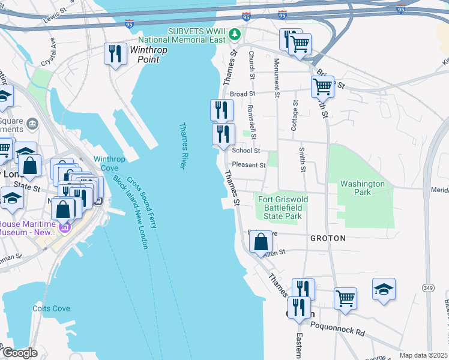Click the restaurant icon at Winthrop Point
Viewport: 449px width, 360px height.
click(x=115, y=54)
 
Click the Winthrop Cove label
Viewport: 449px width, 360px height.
click(x=109, y=164)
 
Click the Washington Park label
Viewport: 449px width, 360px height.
click(x=362, y=188)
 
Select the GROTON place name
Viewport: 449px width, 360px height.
click(x=328, y=238)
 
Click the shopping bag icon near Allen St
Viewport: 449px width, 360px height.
click(x=261, y=243)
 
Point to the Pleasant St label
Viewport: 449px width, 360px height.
click(x=249, y=165)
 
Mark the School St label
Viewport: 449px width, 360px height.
click(x=246, y=151)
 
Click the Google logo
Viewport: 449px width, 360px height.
click(x=20, y=353)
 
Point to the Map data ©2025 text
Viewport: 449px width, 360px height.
click(x=423, y=355)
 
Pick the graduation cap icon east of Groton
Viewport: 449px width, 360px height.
click(x=384, y=290)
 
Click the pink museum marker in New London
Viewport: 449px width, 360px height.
click(x=64, y=227)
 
